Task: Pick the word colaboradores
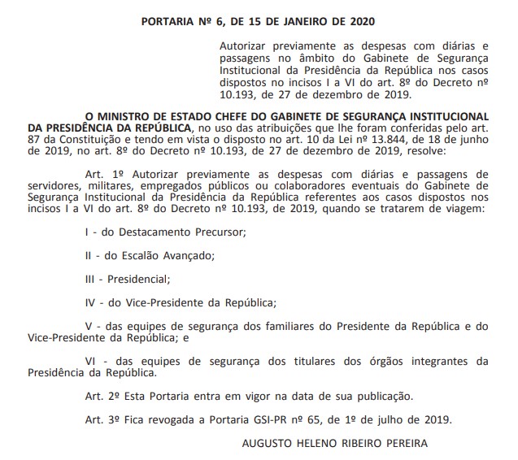click(344, 185)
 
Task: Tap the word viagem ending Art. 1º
click(466, 208)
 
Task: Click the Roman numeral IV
click(89, 302)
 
